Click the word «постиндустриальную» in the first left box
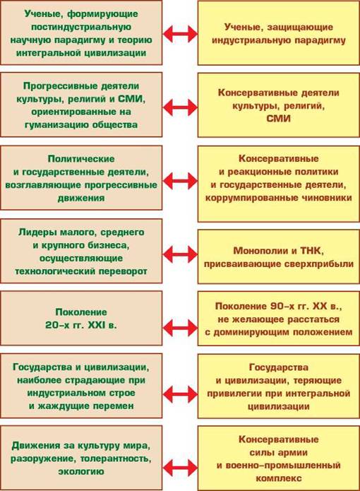coord(81,27)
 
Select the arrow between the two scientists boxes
coord(180,33)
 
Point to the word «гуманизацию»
coord(55,125)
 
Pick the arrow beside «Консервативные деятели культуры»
coord(180,107)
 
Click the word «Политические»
coord(81,159)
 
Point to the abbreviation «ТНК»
coord(311,251)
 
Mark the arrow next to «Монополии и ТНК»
coord(180,254)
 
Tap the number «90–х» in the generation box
coord(280,306)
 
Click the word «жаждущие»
coord(61,406)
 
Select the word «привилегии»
coord(235,394)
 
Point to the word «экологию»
coord(81,472)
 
